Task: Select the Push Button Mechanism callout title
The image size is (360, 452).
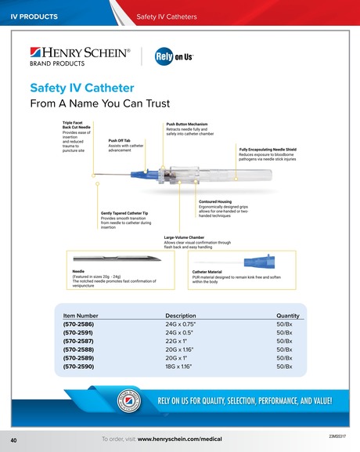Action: click(x=186, y=124)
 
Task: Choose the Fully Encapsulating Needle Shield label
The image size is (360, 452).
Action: click(x=268, y=149)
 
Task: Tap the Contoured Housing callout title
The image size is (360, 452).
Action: click(x=216, y=201)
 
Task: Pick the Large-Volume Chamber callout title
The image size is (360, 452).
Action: click(x=184, y=237)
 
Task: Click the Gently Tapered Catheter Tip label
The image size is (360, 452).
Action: click(x=124, y=212)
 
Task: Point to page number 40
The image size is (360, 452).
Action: click(x=14, y=439)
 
